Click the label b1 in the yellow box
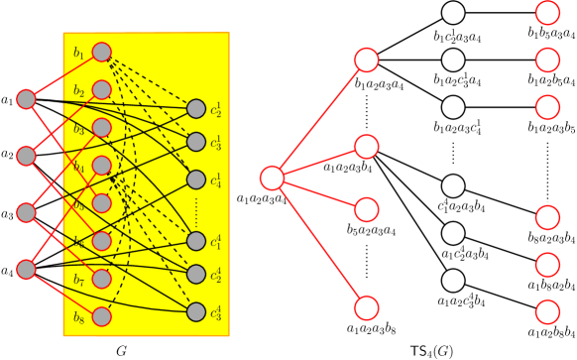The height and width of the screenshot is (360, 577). click(78, 53)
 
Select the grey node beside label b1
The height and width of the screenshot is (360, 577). click(101, 52)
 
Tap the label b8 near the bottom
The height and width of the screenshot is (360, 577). click(78, 317)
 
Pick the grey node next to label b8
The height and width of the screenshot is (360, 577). click(101, 316)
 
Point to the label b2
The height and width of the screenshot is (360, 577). click(78, 91)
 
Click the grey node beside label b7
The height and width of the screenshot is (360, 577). click(101, 279)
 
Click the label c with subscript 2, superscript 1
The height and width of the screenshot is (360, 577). click(216, 110)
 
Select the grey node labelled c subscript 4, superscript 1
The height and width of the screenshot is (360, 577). click(196, 180)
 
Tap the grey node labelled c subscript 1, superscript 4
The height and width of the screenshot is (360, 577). click(196, 241)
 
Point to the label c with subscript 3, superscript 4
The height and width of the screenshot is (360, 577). click(216, 313)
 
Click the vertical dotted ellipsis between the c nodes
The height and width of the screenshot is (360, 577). click(196, 210)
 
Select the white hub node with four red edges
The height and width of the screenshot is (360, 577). click(272, 179)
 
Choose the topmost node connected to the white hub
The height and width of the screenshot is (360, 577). click(367, 60)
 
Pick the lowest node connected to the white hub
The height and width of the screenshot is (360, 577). click(367, 307)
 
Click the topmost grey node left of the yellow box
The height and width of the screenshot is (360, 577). click(26, 99)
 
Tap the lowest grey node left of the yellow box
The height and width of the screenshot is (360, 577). click(26, 270)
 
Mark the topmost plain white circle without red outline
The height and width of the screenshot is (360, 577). click(453, 12)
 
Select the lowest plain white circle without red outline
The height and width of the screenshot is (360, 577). click(453, 281)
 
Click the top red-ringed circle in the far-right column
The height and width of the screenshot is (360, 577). click(547, 12)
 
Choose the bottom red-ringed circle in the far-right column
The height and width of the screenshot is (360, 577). click(547, 312)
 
